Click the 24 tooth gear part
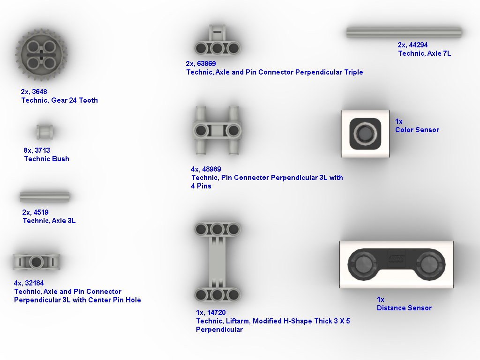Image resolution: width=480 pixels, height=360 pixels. pos(41,55)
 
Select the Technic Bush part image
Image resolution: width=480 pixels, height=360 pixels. pos(45,132)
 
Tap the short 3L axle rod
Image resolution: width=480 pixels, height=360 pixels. pos(45,197)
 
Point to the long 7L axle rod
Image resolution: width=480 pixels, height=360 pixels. pos(404,32)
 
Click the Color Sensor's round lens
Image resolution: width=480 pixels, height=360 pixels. pos(365,134)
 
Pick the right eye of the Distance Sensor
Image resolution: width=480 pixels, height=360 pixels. pos(429,264)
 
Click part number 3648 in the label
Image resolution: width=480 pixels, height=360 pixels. pos(39,92)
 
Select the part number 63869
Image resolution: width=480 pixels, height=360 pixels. pos(207,64)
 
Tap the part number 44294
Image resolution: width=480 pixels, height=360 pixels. pos(418,45)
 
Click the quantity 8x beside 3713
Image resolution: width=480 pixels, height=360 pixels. pos(28,150)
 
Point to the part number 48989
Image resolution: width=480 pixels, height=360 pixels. pos(211,169)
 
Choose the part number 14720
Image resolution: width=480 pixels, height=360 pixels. pos(217,313)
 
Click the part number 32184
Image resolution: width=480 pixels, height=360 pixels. pos(34,283)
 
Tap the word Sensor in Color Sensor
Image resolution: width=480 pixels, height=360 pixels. pos(427,130)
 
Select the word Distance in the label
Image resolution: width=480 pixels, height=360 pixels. pos(390,308)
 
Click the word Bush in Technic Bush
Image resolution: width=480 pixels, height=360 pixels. pos(60,159)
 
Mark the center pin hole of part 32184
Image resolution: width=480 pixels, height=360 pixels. pos(37,262)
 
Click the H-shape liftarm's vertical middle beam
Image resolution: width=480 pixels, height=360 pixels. pos(217,262)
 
